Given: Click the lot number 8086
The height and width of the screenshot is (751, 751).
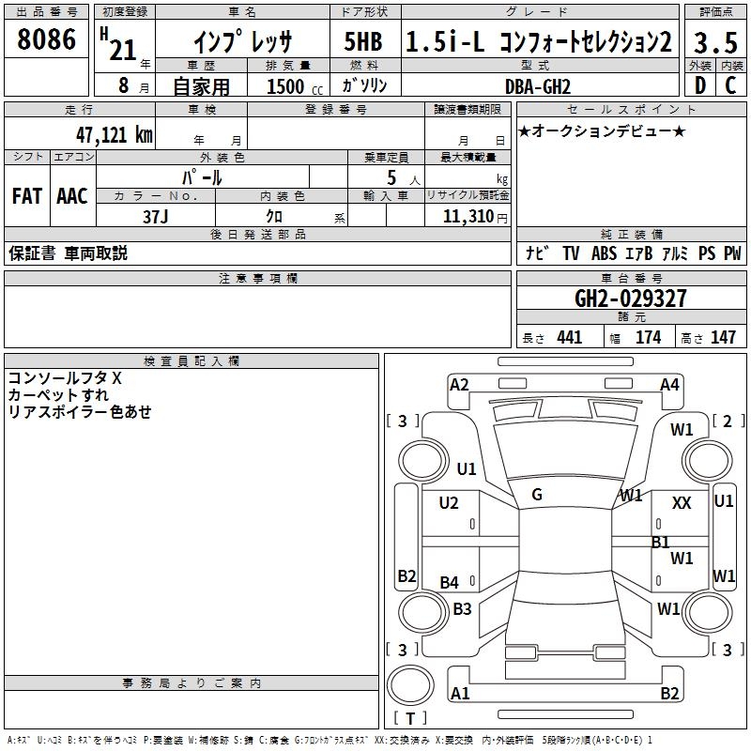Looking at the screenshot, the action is [47, 39].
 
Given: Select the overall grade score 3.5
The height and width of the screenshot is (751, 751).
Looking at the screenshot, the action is [714, 42].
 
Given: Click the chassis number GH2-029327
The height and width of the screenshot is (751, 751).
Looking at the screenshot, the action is [631, 299].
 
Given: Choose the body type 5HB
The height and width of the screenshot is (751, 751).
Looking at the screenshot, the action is [362, 42].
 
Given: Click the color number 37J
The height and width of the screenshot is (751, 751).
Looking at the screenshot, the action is [156, 215].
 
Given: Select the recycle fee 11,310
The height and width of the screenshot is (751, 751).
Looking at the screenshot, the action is [466, 216].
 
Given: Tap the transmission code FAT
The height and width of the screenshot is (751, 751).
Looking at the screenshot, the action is [26, 196].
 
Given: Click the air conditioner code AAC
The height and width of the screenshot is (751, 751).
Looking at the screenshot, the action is [72, 196].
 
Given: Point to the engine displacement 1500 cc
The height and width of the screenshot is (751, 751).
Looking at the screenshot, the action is [292, 86].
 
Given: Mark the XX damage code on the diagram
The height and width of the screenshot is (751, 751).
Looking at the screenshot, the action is [682, 503].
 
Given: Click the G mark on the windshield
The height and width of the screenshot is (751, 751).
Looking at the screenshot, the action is [537, 494].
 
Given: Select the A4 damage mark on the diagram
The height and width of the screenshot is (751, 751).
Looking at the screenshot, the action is [669, 384].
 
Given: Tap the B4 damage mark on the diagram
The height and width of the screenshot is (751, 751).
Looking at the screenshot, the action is [450, 583].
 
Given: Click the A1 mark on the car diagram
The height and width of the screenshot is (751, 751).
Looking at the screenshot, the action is [460, 694].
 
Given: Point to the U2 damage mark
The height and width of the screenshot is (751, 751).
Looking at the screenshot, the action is [449, 503].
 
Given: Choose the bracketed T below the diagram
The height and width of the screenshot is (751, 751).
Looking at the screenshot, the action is [410, 718].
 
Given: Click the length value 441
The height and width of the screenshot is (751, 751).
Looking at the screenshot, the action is [570, 338].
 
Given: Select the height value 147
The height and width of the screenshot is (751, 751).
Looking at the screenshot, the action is [723, 338].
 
